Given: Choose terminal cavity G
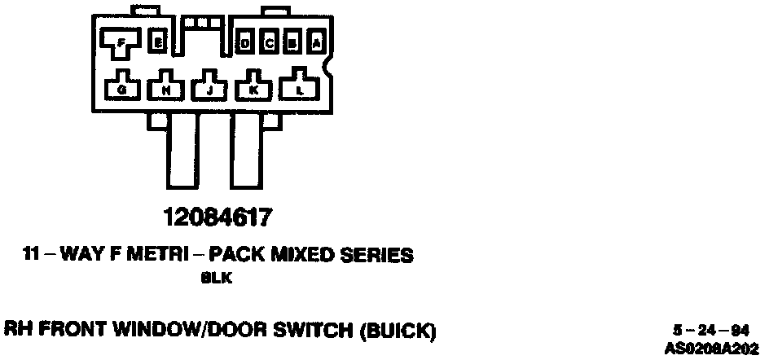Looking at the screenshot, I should tap(121, 88).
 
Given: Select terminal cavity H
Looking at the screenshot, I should tap(165, 88).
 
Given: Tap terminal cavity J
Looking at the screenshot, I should tap(209, 88).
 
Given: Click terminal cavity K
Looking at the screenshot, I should tap(253, 88).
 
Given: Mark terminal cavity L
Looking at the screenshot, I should tap(300, 88).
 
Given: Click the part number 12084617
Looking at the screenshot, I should tap(217, 218).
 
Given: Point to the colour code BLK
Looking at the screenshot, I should tap(217, 279).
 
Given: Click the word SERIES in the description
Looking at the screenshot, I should tap(376, 256).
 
